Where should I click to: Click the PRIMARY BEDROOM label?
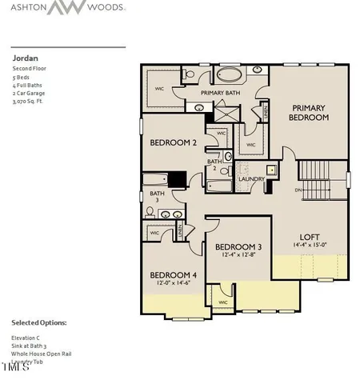click(x=310, y=113)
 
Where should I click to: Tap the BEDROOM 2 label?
click(x=174, y=142)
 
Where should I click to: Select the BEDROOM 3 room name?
click(x=238, y=246)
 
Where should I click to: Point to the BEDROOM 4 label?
click(x=174, y=274)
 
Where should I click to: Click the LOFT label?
click(x=310, y=237)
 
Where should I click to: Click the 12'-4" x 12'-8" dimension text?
click(x=238, y=254)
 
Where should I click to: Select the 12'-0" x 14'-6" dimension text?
click(x=174, y=283)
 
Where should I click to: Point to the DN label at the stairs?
click(x=298, y=190)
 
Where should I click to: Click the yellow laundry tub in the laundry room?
click(x=271, y=169)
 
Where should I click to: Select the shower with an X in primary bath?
click(x=198, y=106)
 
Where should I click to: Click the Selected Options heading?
click(x=39, y=322)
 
